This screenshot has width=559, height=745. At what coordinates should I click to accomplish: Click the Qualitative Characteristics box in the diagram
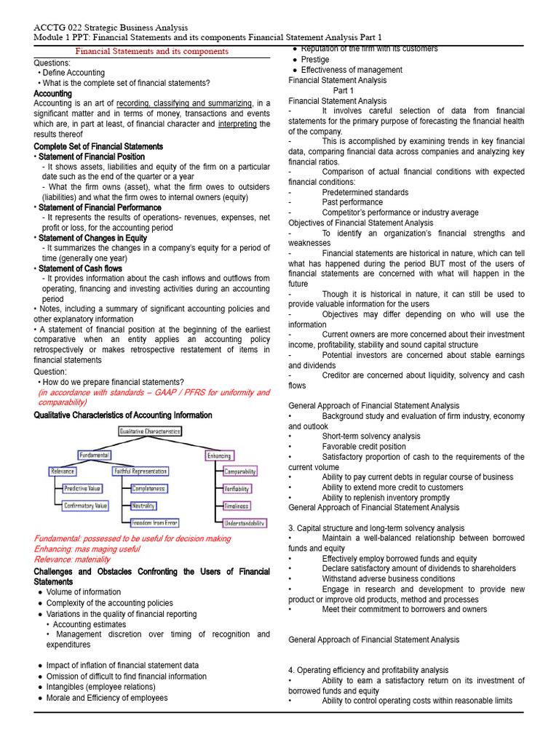150,431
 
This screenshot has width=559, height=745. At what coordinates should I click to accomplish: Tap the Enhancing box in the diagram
219,455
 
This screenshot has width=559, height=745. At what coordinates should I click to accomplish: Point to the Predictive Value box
82,488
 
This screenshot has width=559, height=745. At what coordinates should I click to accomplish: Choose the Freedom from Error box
154,522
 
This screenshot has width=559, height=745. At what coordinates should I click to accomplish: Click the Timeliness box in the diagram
237,506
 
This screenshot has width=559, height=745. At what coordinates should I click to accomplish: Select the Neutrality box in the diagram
143,506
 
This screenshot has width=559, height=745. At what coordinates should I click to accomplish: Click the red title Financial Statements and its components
152,51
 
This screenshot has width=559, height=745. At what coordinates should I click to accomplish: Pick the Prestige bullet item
315,60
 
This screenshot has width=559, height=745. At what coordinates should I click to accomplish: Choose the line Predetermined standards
365,192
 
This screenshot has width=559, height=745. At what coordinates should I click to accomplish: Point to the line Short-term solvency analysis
371,437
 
